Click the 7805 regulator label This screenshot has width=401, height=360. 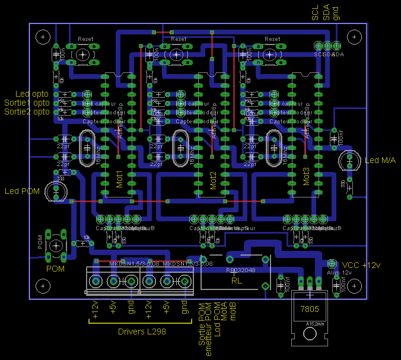[x=310, y=309]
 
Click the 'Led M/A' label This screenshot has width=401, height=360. [x=380, y=161]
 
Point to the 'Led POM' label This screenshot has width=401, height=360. [x=21, y=191]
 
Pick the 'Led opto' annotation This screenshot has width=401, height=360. [x=33, y=94]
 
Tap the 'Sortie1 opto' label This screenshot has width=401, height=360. [x=27, y=103]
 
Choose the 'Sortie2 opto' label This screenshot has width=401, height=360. [x=27, y=111]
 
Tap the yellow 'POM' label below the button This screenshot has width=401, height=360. [x=55, y=269]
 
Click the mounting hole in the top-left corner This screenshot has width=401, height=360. [x=43, y=37]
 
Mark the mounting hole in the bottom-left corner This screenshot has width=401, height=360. [x=43, y=286]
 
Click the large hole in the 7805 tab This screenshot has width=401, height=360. [x=310, y=336]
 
